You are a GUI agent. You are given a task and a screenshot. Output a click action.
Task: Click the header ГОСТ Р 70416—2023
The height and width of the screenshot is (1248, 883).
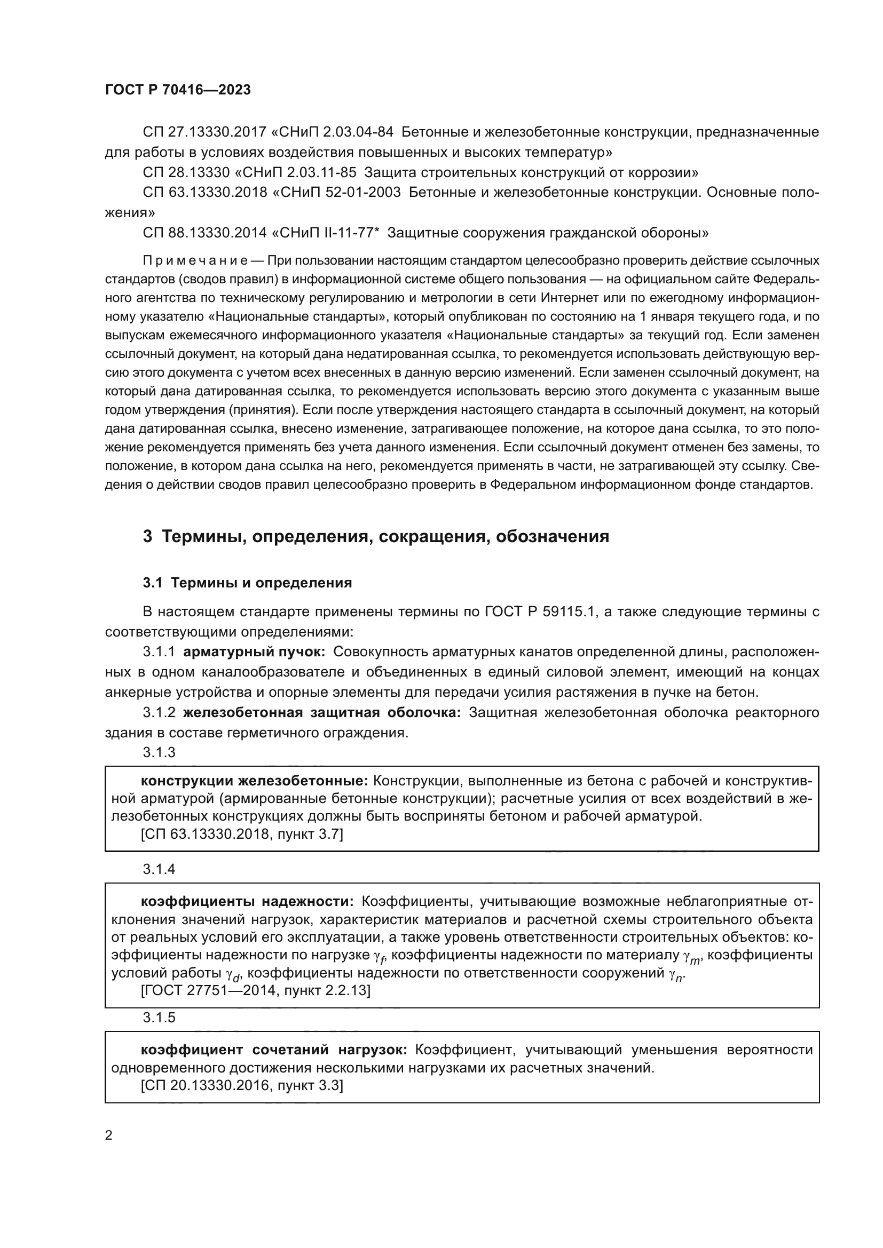[x=178, y=90]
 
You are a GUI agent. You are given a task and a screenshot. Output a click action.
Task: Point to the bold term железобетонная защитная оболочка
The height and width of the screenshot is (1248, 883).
[x=322, y=713]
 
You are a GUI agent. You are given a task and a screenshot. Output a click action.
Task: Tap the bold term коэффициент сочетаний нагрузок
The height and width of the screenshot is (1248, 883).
[x=274, y=1050]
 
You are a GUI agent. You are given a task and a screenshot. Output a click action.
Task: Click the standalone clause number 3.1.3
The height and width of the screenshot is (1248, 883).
[x=159, y=752]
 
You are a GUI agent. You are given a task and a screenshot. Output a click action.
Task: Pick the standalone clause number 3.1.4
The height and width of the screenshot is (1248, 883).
[x=159, y=869]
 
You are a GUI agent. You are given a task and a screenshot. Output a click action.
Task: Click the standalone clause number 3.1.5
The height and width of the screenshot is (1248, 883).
[x=159, y=1018]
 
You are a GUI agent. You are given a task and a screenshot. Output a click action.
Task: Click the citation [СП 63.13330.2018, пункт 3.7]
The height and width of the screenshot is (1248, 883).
[x=242, y=834]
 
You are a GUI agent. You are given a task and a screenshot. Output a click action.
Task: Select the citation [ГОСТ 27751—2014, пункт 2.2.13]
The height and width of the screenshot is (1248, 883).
[x=256, y=990]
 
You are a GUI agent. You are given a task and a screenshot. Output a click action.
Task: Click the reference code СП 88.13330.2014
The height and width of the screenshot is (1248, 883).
[x=205, y=233]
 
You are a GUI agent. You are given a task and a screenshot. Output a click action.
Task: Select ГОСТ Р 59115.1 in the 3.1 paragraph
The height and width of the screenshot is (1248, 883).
[x=541, y=612]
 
